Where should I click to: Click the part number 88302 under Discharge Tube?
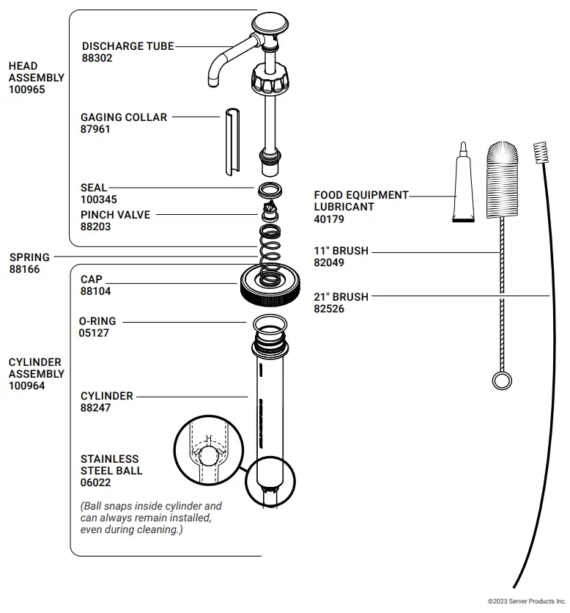click(97, 58)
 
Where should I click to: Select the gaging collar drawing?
click(232, 142)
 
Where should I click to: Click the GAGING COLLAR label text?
click(123, 117)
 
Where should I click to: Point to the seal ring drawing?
click(271, 191)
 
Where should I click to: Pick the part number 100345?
click(98, 199)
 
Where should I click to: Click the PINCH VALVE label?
click(115, 215)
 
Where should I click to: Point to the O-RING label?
click(97, 321)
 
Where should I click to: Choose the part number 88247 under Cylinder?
click(95, 408)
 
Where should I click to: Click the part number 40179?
click(329, 219)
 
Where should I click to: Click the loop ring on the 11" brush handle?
click(502, 380)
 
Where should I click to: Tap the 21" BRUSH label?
click(341, 297)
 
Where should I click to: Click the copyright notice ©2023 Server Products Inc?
click(527, 601)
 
